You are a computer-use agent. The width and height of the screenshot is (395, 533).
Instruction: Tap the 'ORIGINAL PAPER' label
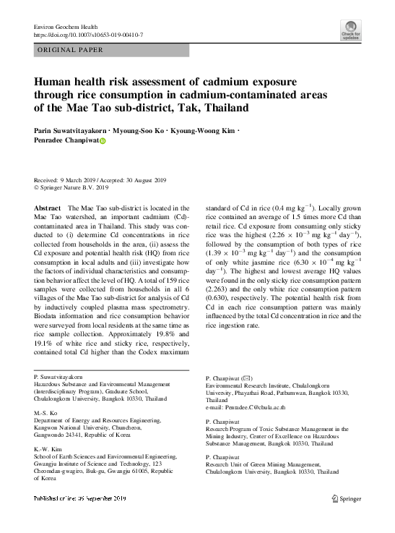[x=70, y=50]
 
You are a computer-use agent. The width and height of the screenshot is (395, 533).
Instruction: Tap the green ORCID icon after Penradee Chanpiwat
[x=102, y=141]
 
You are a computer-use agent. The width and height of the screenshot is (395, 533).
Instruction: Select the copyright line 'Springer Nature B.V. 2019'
[x=77, y=187]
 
